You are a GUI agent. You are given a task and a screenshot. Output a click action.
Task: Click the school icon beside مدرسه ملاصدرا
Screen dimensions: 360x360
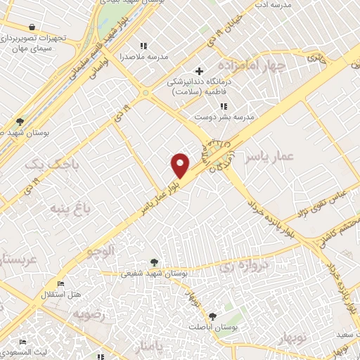(x=144, y=46)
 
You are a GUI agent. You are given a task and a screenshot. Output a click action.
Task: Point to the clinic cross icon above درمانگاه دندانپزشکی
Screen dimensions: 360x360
(x=200, y=71)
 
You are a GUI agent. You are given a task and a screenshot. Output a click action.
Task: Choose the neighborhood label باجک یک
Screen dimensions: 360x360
(x=44, y=165)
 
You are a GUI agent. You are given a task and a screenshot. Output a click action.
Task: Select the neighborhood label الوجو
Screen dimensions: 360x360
(x=99, y=250)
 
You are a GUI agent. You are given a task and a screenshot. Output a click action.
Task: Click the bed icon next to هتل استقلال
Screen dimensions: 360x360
(x=60, y=283)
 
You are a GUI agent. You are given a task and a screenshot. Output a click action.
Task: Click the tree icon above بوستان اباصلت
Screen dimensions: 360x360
(x=212, y=315)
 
